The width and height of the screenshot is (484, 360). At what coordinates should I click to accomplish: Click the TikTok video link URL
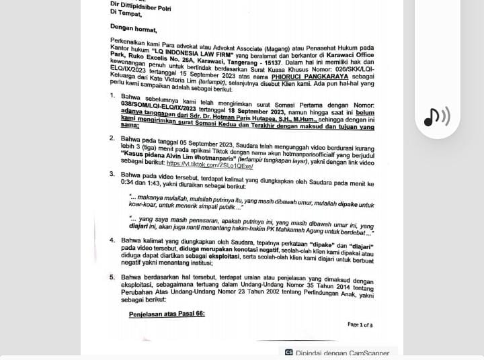click(210, 165)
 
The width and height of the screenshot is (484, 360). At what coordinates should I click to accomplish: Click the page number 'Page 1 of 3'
click(360, 324)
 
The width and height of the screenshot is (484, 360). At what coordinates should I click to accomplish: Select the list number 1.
click(112, 96)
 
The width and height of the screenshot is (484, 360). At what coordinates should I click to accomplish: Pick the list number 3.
click(112, 174)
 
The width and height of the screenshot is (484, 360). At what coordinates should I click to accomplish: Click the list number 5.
click(112, 276)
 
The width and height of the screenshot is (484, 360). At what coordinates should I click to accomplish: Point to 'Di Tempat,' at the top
click(126, 11)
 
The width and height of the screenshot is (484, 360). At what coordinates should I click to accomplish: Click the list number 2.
click(112, 138)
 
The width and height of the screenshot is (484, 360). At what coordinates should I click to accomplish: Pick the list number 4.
click(112, 240)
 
